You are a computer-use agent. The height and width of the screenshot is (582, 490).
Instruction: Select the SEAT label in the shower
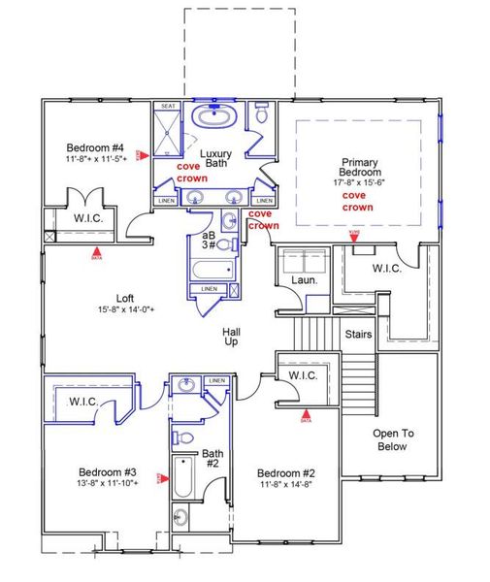[x=168, y=106]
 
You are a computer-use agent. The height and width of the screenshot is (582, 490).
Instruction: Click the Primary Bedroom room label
[x=359, y=168]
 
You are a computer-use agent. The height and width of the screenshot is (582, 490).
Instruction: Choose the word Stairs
[x=358, y=334]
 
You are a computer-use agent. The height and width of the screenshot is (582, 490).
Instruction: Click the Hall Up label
[x=232, y=338]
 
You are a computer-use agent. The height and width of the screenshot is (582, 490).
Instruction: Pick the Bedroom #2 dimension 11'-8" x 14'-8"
[x=285, y=486]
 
